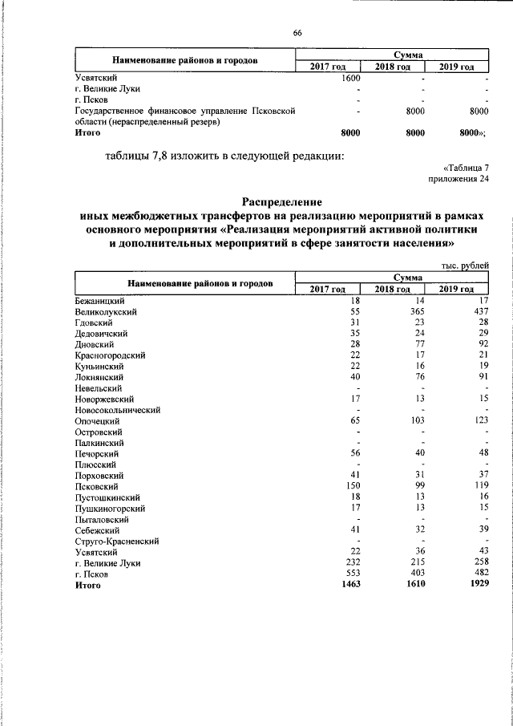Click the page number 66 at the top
297,32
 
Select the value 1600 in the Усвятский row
350,78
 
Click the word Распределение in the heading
282,203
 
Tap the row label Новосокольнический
118,409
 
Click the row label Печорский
97,453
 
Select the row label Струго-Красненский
117,541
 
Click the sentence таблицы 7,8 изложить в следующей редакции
225,155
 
